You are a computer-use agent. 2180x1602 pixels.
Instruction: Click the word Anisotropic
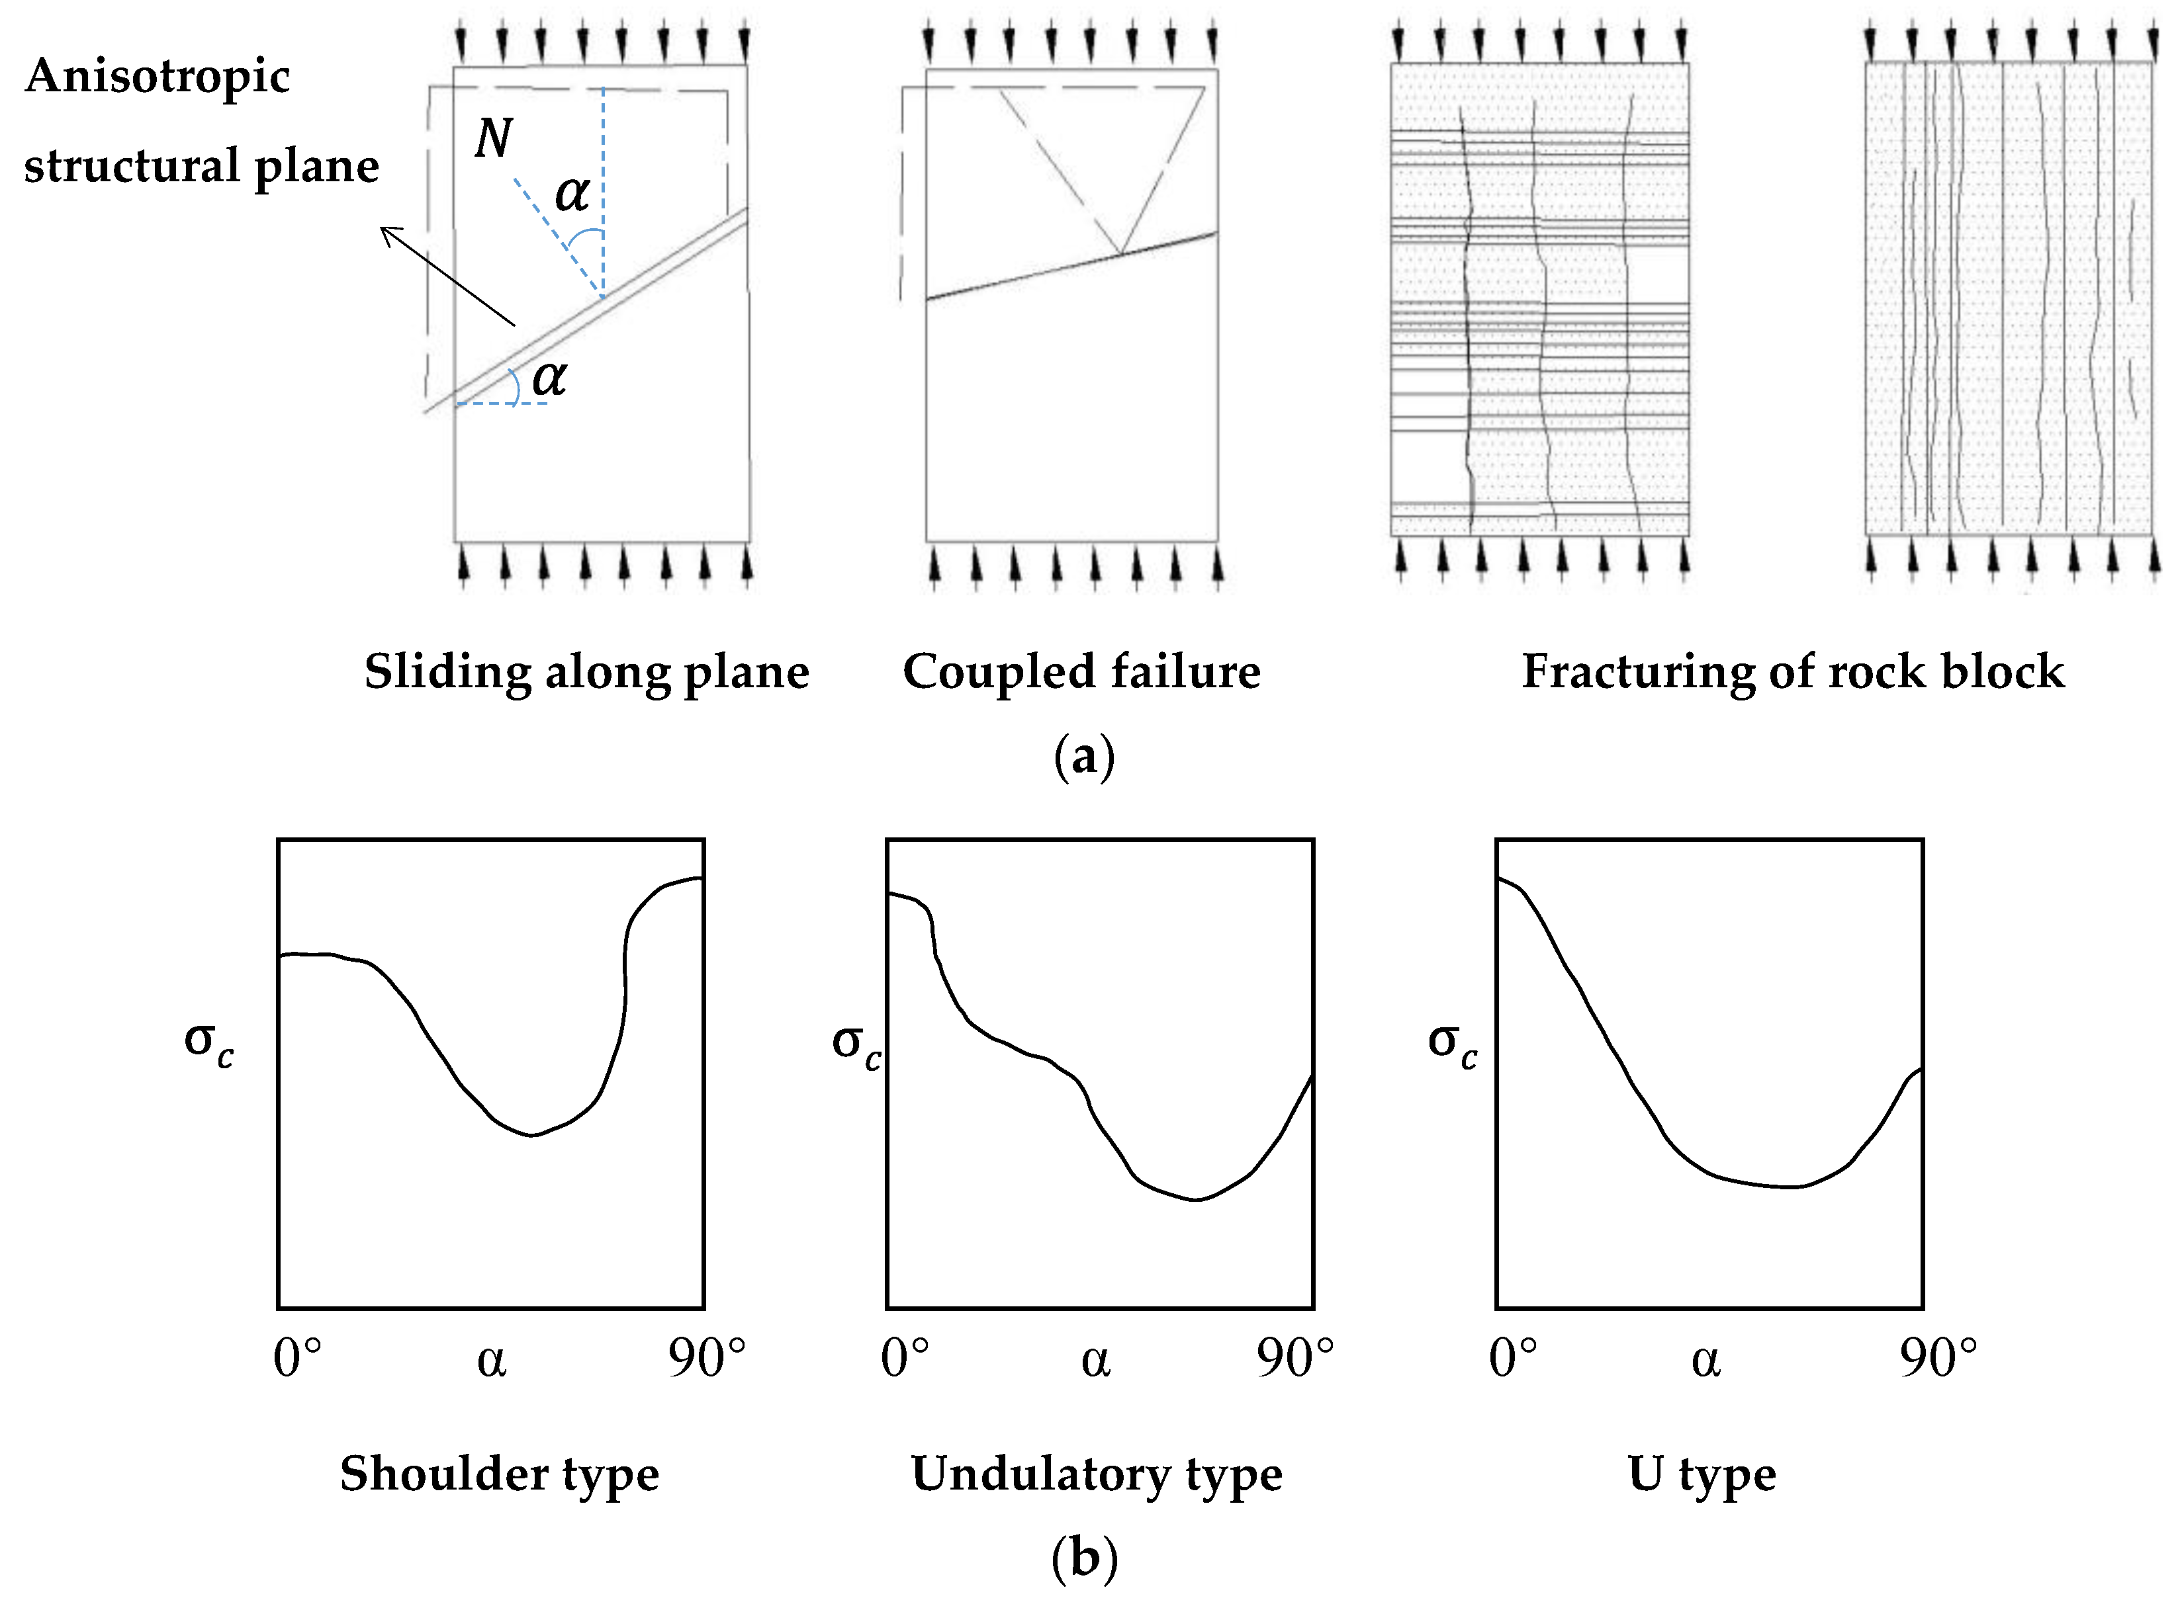click(x=157, y=75)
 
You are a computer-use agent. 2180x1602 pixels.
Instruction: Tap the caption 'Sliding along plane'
click(x=586, y=671)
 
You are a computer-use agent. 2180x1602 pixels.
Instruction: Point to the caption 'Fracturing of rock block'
click(x=1793, y=671)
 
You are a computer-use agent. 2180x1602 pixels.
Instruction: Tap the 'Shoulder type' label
click(x=499, y=1473)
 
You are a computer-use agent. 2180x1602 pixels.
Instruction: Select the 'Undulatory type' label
click(x=1097, y=1473)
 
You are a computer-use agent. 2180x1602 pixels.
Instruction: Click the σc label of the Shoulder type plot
click(x=208, y=1044)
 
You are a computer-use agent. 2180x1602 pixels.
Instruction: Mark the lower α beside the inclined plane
click(x=549, y=376)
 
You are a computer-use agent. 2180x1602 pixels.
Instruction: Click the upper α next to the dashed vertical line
click(x=571, y=193)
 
